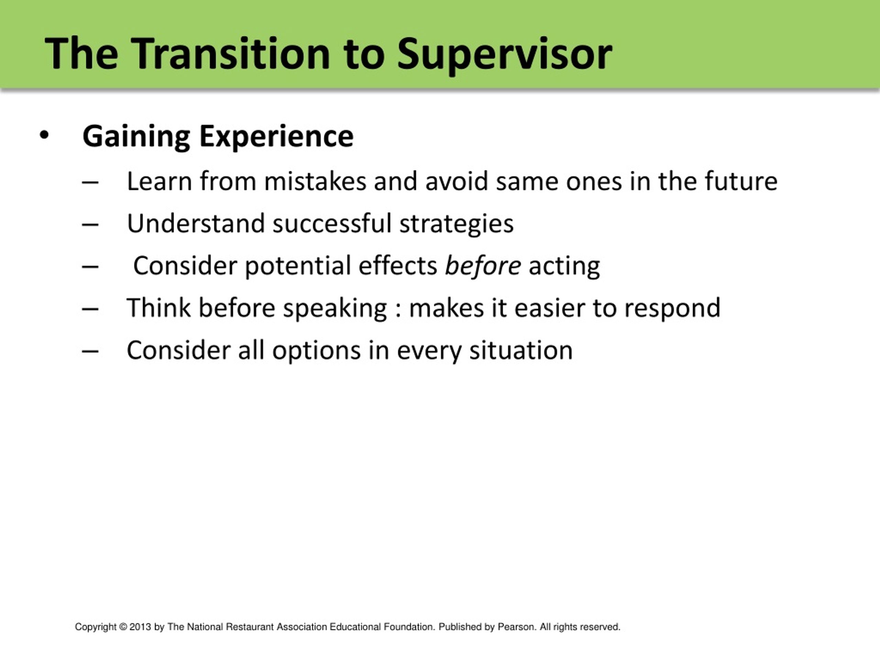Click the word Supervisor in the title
[504, 55]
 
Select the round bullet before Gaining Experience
[44, 135]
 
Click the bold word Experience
[276, 137]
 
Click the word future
[741, 181]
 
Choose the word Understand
[196, 223]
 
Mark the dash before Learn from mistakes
[90, 182]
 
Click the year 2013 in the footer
[140, 627]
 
